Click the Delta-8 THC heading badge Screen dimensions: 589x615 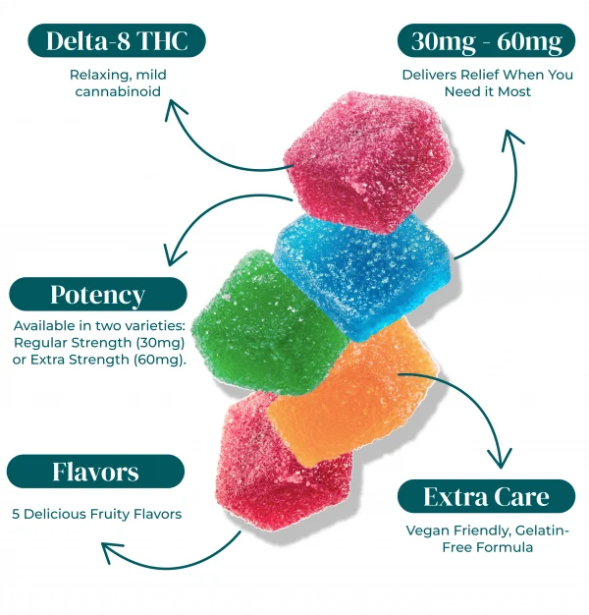tap(117, 40)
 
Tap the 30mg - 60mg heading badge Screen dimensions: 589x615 tap(486, 40)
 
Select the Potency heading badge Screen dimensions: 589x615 tap(98, 294)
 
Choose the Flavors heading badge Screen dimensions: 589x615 tap(95, 471)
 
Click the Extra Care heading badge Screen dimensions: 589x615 tap(486, 496)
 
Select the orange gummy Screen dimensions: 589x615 tap(352, 392)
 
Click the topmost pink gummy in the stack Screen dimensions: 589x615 tap(366, 161)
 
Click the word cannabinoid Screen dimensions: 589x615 tap(118, 91)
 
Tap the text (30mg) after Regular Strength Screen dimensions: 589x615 tap(160, 343)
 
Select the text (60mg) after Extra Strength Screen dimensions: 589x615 tap(160, 360)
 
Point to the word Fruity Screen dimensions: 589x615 tap(110, 514)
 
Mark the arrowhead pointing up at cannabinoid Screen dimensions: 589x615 tap(175, 109)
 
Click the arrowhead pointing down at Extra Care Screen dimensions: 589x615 tap(500, 458)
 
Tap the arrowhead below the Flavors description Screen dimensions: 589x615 tap(112, 551)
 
